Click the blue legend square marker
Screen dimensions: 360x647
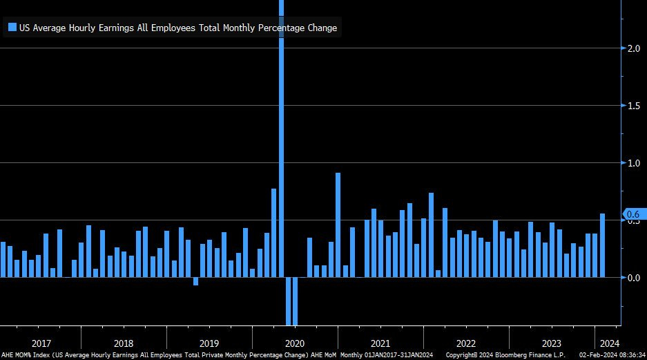pyautogui.click(x=12, y=28)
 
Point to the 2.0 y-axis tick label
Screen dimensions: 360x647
pyautogui.click(x=632, y=48)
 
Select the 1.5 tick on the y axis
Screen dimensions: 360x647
pyautogui.click(x=632, y=105)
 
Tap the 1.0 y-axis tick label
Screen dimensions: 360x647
pyautogui.click(x=632, y=162)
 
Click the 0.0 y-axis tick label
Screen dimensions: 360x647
pyautogui.click(x=632, y=277)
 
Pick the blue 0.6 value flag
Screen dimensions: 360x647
pyautogui.click(x=633, y=214)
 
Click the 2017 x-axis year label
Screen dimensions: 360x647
pyautogui.click(x=41, y=343)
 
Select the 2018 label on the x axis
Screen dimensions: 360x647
pyautogui.click(x=124, y=343)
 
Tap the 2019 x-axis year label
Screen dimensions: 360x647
pyautogui.click(x=209, y=343)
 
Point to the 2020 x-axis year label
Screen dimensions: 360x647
pyautogui.click(x=295, y=343)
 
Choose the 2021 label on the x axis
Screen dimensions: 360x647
pyautogui.click(x=380, y=343)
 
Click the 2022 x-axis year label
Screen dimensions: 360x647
pyautogui.click(x=466, y=343)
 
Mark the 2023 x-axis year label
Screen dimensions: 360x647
pyautogui.click(x=552, y=343)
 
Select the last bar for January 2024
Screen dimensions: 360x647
pyautogui.click(x=602, y=245)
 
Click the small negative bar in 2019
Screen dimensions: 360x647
pyautogui.click(x=195, y=281)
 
